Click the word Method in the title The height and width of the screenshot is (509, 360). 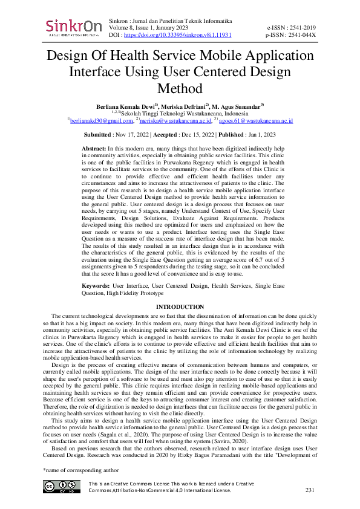pyautogui.click(x=180, y=89)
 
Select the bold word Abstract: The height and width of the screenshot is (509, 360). pyautogui.click(x=94, y=148)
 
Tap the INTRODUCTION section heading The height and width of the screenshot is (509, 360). pyautogui.click(x=180, y=308)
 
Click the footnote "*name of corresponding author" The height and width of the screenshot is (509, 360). pyautogui.click(x=77, y=469)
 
